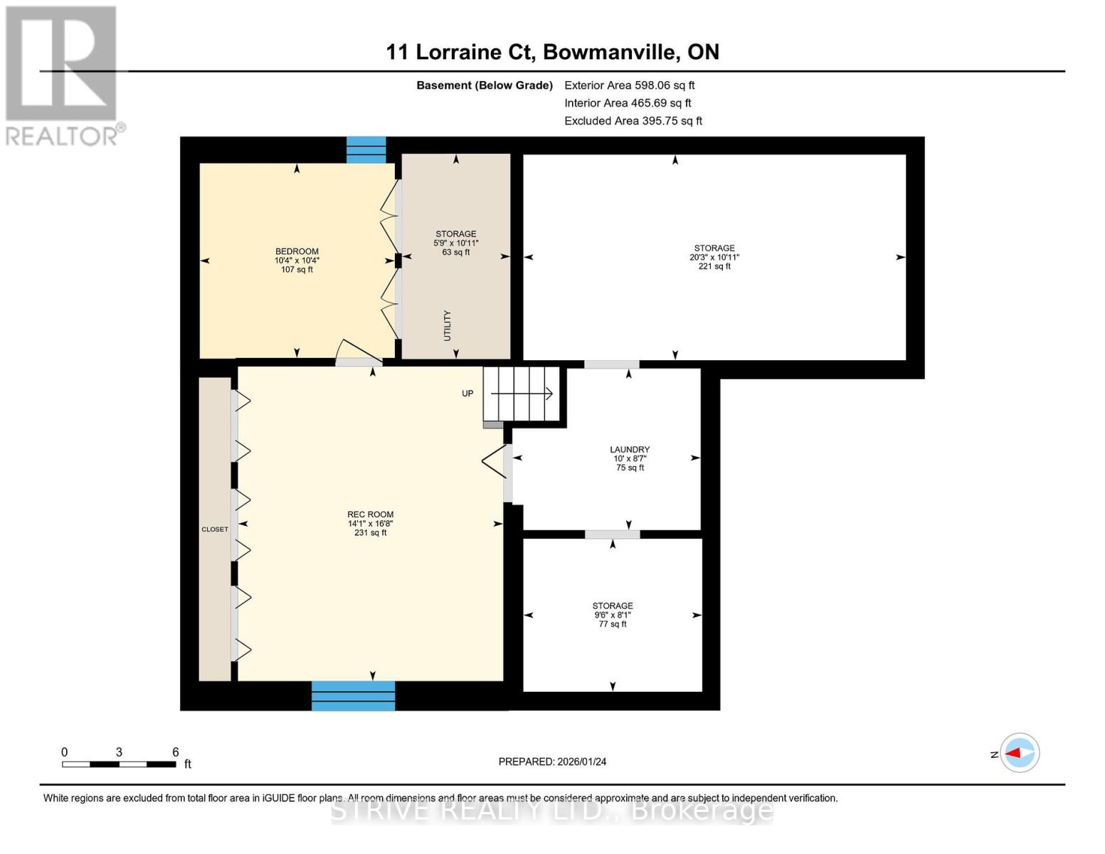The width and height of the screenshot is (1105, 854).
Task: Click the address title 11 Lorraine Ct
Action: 552,52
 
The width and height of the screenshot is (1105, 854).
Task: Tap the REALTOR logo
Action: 63,75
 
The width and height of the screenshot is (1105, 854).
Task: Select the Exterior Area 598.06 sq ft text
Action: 629,85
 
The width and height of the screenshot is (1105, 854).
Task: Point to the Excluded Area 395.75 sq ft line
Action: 633,121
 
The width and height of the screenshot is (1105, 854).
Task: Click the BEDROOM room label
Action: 297,260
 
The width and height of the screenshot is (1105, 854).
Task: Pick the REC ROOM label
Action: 370,523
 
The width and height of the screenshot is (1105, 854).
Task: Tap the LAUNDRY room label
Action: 630,458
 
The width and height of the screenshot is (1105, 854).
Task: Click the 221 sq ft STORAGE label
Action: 714,257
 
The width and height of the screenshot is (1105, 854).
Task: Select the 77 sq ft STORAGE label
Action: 613,615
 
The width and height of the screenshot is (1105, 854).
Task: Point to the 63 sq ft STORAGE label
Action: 456,243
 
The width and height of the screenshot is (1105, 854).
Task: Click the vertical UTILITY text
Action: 448,325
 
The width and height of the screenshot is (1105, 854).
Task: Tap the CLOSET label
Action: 215,529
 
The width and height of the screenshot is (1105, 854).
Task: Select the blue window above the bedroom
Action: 366,150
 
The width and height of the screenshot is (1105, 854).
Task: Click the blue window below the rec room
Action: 353,695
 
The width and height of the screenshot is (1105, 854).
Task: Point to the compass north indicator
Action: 1019,753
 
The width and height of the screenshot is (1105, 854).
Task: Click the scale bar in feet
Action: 119,764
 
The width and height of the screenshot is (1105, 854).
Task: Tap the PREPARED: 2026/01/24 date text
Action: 552,761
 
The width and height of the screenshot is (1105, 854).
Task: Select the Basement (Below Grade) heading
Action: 485,85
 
